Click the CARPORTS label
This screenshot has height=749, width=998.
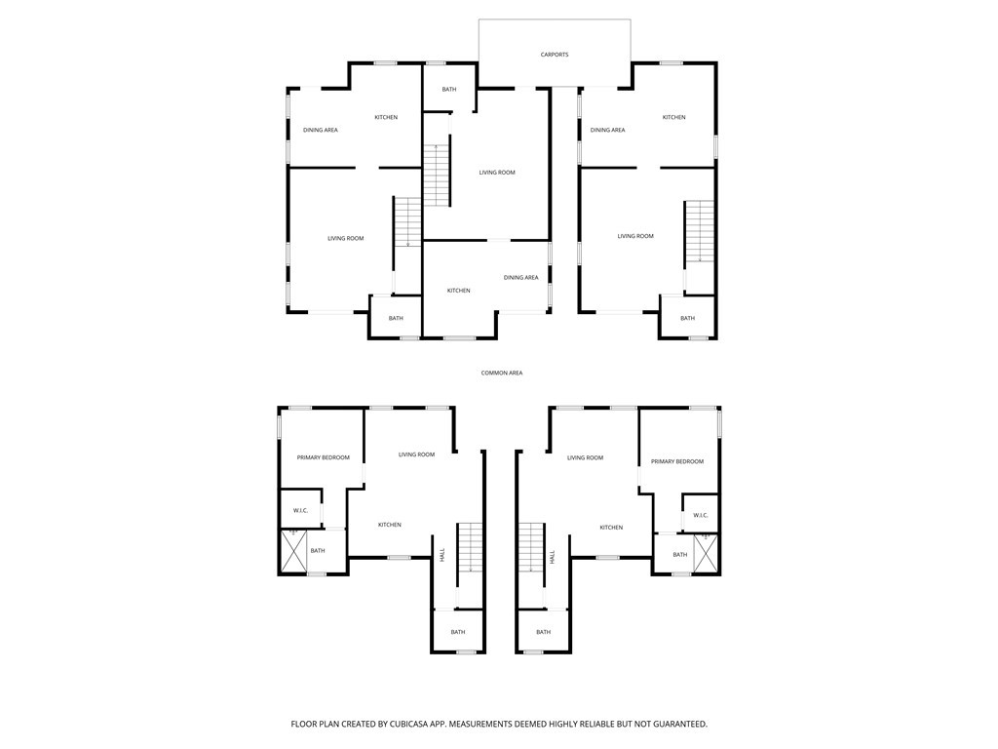point(555,55)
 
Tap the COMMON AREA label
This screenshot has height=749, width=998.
point(502,373)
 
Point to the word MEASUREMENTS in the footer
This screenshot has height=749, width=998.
point(493,724)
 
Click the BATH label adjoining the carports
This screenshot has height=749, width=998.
point(448,90)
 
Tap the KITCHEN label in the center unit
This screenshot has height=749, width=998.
point(458,291)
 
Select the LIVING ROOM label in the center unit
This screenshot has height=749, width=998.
point(497,173)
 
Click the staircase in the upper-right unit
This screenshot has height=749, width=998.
point(699,232)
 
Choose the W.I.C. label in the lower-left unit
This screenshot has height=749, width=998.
point(300,511)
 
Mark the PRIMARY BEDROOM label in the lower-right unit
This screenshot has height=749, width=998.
point(677,461)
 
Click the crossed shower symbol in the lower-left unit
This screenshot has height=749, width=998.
point(293,551)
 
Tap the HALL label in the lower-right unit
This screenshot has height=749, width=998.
point(552,557)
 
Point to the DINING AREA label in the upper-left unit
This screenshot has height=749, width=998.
point(320,130)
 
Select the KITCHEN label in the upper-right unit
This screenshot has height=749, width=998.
point(673,117)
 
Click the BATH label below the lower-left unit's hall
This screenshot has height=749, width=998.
point(458,632)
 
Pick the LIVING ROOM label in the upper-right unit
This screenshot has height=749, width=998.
point(635,236)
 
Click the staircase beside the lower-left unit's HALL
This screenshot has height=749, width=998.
point(471,547)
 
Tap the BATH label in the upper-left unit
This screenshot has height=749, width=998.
point(396,318)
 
